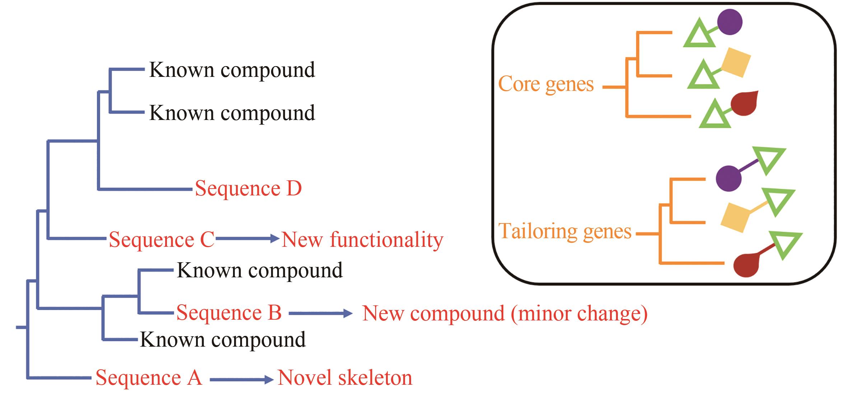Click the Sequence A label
pos(149,378)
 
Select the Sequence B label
pos(229,313)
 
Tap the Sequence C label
pos(162,240)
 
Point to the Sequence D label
pos(248,189)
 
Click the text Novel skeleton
pos(345,378)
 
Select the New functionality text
pos(362,240)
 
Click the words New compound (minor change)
pos(504,313)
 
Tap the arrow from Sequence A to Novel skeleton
pos(242,379)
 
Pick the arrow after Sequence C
pos(247,238)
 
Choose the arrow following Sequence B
pos(321,314)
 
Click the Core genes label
pos(546,84)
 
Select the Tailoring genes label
pos(565,231)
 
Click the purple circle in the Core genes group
pos(730,22)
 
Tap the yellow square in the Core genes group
pos(736,63)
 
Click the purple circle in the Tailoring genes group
pos(728,178)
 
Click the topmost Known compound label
pos(232,70)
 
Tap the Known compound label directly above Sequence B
pos(260,270)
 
